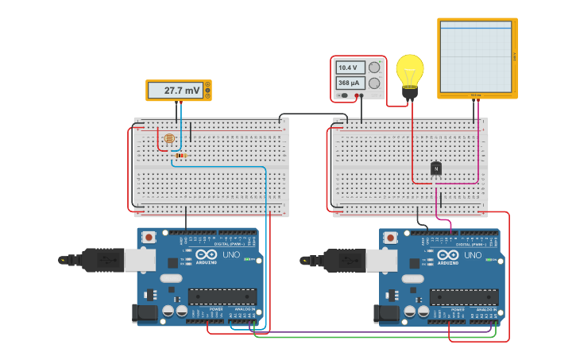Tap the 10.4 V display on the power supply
point(350,68)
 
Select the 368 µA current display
point(350,83)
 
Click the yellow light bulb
point(410,72)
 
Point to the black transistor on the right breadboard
point(436,168)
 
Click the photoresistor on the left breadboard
point(168,139)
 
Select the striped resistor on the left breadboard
point(182,155)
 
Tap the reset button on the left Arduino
point(149,236)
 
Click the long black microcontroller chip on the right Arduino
point(464,297)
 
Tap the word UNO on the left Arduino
point(230,255)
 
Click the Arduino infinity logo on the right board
point(447,256)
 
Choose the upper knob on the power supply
point(374,68)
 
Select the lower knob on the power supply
point(374,83)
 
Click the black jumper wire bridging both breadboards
point(310,114)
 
